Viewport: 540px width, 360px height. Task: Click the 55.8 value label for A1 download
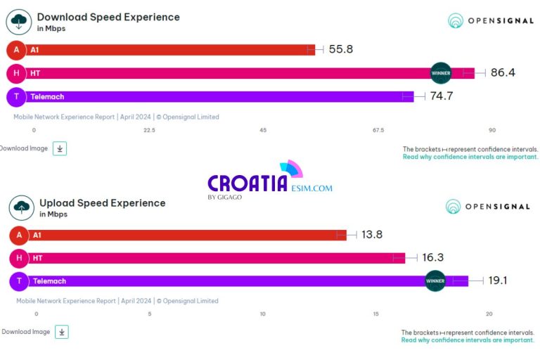click(x=341, y=50)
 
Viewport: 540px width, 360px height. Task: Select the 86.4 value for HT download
click(x=503, y=73)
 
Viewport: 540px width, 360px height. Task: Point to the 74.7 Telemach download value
click(x=441, y=96)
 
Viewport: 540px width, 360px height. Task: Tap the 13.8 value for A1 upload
click(x=371, y=235)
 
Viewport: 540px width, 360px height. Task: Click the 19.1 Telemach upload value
click(x=498, y=281)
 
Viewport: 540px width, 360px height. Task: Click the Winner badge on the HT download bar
click(x=441, y=73)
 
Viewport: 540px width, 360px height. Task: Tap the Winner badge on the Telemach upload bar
click(x=435, y=281)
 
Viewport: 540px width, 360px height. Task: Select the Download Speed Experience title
click(x=108, y=17)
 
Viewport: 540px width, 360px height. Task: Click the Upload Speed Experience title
click(x=103, y=203)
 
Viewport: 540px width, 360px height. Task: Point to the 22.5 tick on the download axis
click(x=149, y=130)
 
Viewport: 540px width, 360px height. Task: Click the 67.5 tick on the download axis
click(x=378, y=130)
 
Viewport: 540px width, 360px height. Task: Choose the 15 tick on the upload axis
click(x=376, y=314)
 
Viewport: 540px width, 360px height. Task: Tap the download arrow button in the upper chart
click(x=60, y=148)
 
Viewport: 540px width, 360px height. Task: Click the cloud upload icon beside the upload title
click(x=21, y=207)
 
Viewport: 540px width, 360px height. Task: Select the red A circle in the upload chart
click(x=19, y=236)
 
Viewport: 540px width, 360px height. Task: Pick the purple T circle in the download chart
click(x=16, y=96)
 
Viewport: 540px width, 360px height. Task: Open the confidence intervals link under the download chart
click(x=470, y=157)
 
